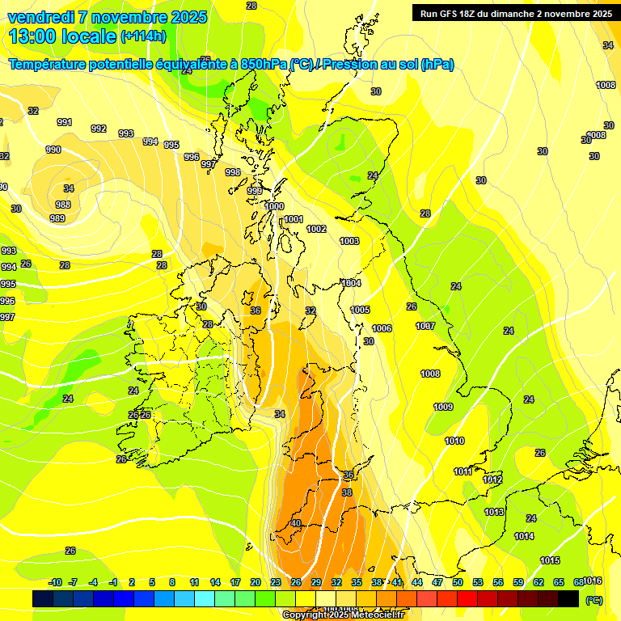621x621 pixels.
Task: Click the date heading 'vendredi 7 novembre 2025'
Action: pyautogui.click(x=107, y=17)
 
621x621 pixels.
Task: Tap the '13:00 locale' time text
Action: pyautogui.click(x=61, y=36)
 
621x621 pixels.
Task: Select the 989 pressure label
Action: pyautogui.click(x=57, y=218)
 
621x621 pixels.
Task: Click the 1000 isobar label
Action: pyautogui.click(x=275, y=206)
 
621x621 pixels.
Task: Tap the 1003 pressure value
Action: pyautogui.click(x=349, y=241)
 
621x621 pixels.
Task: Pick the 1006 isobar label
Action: pyautogui.click(x=382, y=328)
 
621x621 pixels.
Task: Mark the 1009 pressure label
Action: pyautogui.click(x=443, y=407)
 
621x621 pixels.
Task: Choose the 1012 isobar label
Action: pyautogui.click(x=492, y=479)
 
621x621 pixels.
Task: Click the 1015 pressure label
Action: pyautogui.click(x=550, y=560)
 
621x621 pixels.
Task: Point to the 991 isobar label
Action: pyautogui.click(x=65, y=122)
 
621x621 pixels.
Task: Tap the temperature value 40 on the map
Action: pyautogui.click(x=296, y=523)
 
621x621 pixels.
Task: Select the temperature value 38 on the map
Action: pyautogui.click(x=347, y=492)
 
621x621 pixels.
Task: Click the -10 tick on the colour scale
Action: pyautogui.click(x=56, y=582)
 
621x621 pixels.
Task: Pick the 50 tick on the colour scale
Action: pyautogui.click(x=458, y=582)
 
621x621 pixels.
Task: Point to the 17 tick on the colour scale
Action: pyautogui.click(x=235, y=582)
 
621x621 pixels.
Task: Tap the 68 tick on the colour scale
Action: pyautogui.click(x=578, y=582)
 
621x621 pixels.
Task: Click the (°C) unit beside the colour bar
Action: pyautogui.click(x=594, y=600)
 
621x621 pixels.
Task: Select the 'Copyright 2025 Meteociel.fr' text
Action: pyautogui.click(x=343, y=615)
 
